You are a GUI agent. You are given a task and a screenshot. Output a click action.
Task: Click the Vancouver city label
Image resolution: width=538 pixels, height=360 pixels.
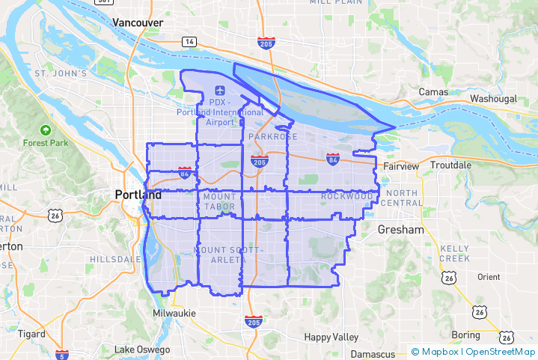[138, 23]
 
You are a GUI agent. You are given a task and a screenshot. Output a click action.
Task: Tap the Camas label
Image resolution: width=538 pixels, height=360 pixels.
[434, 92]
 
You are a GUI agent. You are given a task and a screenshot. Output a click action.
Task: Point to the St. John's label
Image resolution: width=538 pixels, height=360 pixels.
[61, 73]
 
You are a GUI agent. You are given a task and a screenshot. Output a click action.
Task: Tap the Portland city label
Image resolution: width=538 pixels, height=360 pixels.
[138, 195]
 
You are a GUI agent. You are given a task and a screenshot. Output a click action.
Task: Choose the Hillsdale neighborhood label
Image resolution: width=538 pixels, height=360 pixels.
[114, 259]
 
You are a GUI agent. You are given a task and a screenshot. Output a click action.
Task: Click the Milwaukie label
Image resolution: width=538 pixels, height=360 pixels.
[174, 312]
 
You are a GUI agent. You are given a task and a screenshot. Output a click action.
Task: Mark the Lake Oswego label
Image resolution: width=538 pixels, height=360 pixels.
[142, 350]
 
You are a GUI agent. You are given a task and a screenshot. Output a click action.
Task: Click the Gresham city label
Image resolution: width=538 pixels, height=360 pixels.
[400, 230]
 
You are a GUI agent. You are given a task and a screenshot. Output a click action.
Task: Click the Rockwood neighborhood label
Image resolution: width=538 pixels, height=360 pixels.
[346, 196]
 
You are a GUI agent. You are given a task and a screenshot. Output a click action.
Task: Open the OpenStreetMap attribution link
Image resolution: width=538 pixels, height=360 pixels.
[499, 351]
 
